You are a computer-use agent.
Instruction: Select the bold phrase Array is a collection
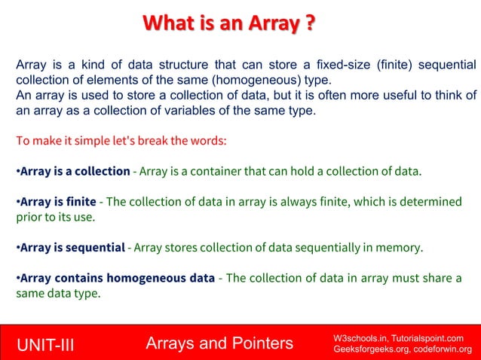click(75, 171)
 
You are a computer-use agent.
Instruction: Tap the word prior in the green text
click(29, 217)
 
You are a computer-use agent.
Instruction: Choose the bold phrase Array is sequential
click(72, 247)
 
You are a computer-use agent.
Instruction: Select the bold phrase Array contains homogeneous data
click(117, 278)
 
